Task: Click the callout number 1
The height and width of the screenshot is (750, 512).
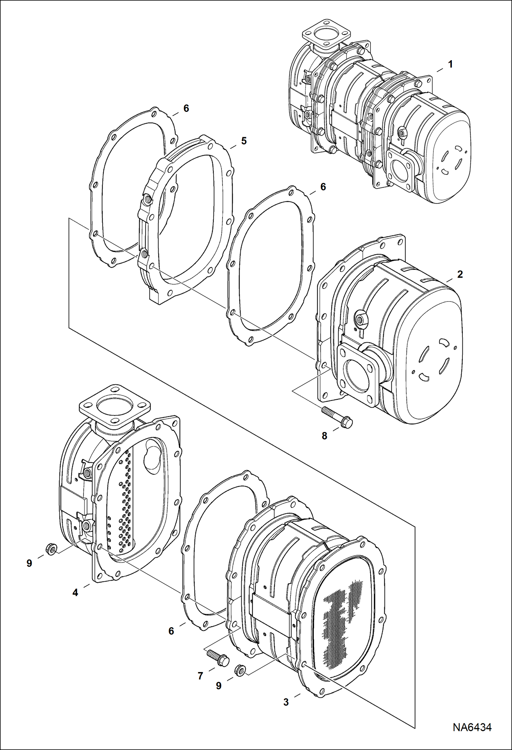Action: coord(450,64)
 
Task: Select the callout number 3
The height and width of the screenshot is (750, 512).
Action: coord(286,702)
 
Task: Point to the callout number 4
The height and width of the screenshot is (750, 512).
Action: coord(75,593)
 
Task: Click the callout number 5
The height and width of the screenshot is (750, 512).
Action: coord(243,141)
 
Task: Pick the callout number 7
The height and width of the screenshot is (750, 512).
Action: coord(201,676)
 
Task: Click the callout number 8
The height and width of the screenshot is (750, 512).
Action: coord(324,435)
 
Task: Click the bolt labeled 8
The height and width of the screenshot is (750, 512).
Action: coord(336,417)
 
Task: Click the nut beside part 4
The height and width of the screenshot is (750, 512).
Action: coord(51,549)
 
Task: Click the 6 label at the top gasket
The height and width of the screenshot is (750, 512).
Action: coord(186,108)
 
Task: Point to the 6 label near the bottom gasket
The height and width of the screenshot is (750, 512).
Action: coord(171,631)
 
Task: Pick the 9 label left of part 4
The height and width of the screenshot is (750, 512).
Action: coord(29,563)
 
